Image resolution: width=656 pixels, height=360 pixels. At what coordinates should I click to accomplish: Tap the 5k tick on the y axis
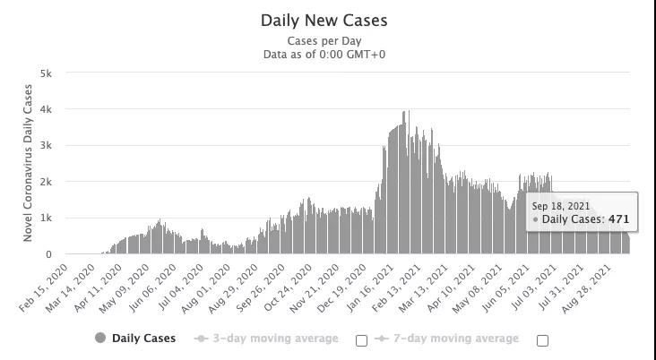[46, 73]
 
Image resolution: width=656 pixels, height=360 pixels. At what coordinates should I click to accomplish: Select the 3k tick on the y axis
[46, 146]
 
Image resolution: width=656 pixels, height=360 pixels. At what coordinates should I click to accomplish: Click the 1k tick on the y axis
[46, 219]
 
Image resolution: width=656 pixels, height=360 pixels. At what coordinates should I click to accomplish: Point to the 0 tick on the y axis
[48, 255]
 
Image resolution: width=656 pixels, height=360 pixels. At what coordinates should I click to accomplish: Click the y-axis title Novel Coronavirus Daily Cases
[29, 163]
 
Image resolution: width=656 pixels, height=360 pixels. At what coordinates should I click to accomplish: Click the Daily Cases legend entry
[143, 339]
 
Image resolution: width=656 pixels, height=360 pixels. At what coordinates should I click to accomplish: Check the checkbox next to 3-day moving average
[362, 340]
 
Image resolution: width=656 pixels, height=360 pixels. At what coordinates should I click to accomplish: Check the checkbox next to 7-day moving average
[542, 340]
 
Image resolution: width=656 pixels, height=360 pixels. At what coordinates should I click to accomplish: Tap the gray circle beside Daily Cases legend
[100, 339]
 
